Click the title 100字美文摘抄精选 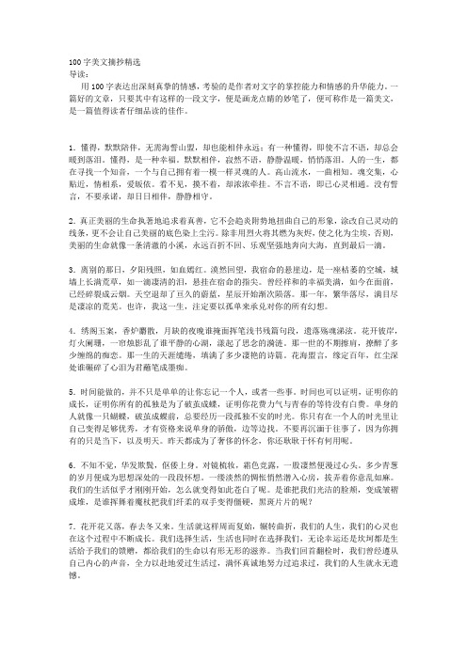coord(92,59)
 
